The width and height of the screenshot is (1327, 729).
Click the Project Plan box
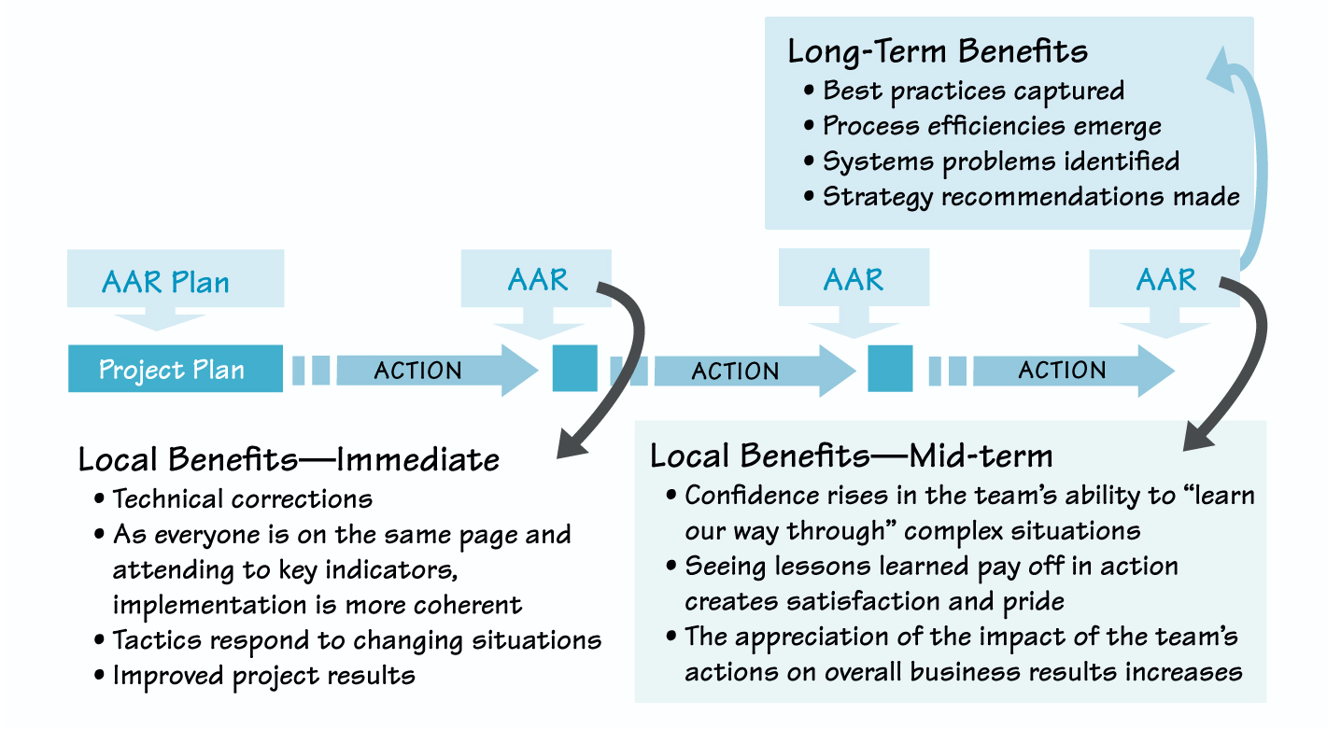175,369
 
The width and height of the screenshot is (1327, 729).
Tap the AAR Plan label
165,282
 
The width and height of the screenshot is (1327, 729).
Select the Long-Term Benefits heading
938,51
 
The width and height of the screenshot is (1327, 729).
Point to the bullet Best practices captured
973,91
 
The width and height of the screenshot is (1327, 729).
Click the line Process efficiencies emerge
992,126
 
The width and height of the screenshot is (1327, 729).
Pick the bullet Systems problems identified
1000,161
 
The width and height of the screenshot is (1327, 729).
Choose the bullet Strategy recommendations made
1031,197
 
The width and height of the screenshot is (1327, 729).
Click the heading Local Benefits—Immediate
289,459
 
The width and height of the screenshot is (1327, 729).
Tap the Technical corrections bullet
242,498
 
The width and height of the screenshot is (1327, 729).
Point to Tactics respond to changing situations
357,640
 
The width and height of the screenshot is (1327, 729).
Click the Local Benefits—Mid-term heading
851,456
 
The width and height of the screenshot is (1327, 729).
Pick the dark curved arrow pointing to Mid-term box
1247,364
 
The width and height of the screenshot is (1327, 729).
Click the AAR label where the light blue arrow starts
1165,279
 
